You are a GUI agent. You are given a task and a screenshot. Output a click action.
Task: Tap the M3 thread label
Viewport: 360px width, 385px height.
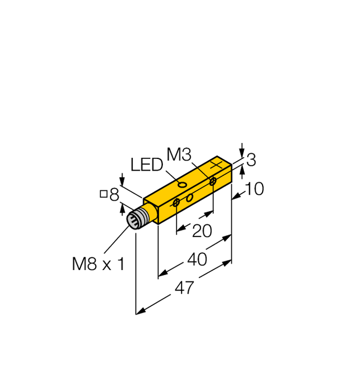[179, 154]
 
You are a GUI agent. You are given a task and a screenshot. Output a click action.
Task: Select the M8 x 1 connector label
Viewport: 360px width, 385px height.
[98, 264]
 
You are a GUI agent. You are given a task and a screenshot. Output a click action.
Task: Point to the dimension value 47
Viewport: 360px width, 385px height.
[184, 288]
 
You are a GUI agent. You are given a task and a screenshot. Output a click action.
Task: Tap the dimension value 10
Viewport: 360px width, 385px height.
[253, 189]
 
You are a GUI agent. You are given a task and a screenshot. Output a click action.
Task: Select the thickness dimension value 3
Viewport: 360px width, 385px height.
[250, 160]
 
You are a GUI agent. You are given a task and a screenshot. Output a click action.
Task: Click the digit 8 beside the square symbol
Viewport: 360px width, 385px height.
[114, 196]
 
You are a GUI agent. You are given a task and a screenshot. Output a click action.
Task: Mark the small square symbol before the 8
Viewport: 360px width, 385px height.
[104, 195]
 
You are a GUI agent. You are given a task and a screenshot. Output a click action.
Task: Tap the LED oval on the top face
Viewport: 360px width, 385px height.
[181, 185]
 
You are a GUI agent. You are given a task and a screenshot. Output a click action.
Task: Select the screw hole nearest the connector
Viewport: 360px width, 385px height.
[177, 202]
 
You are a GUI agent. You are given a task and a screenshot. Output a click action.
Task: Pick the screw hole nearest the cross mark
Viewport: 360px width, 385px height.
[212, 181]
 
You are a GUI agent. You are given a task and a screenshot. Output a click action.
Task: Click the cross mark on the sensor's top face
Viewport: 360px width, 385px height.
[216, 165]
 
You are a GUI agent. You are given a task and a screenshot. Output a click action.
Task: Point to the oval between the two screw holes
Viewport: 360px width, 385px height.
[190, 197]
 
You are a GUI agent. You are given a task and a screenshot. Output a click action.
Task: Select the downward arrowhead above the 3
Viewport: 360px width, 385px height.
[242, 149]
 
